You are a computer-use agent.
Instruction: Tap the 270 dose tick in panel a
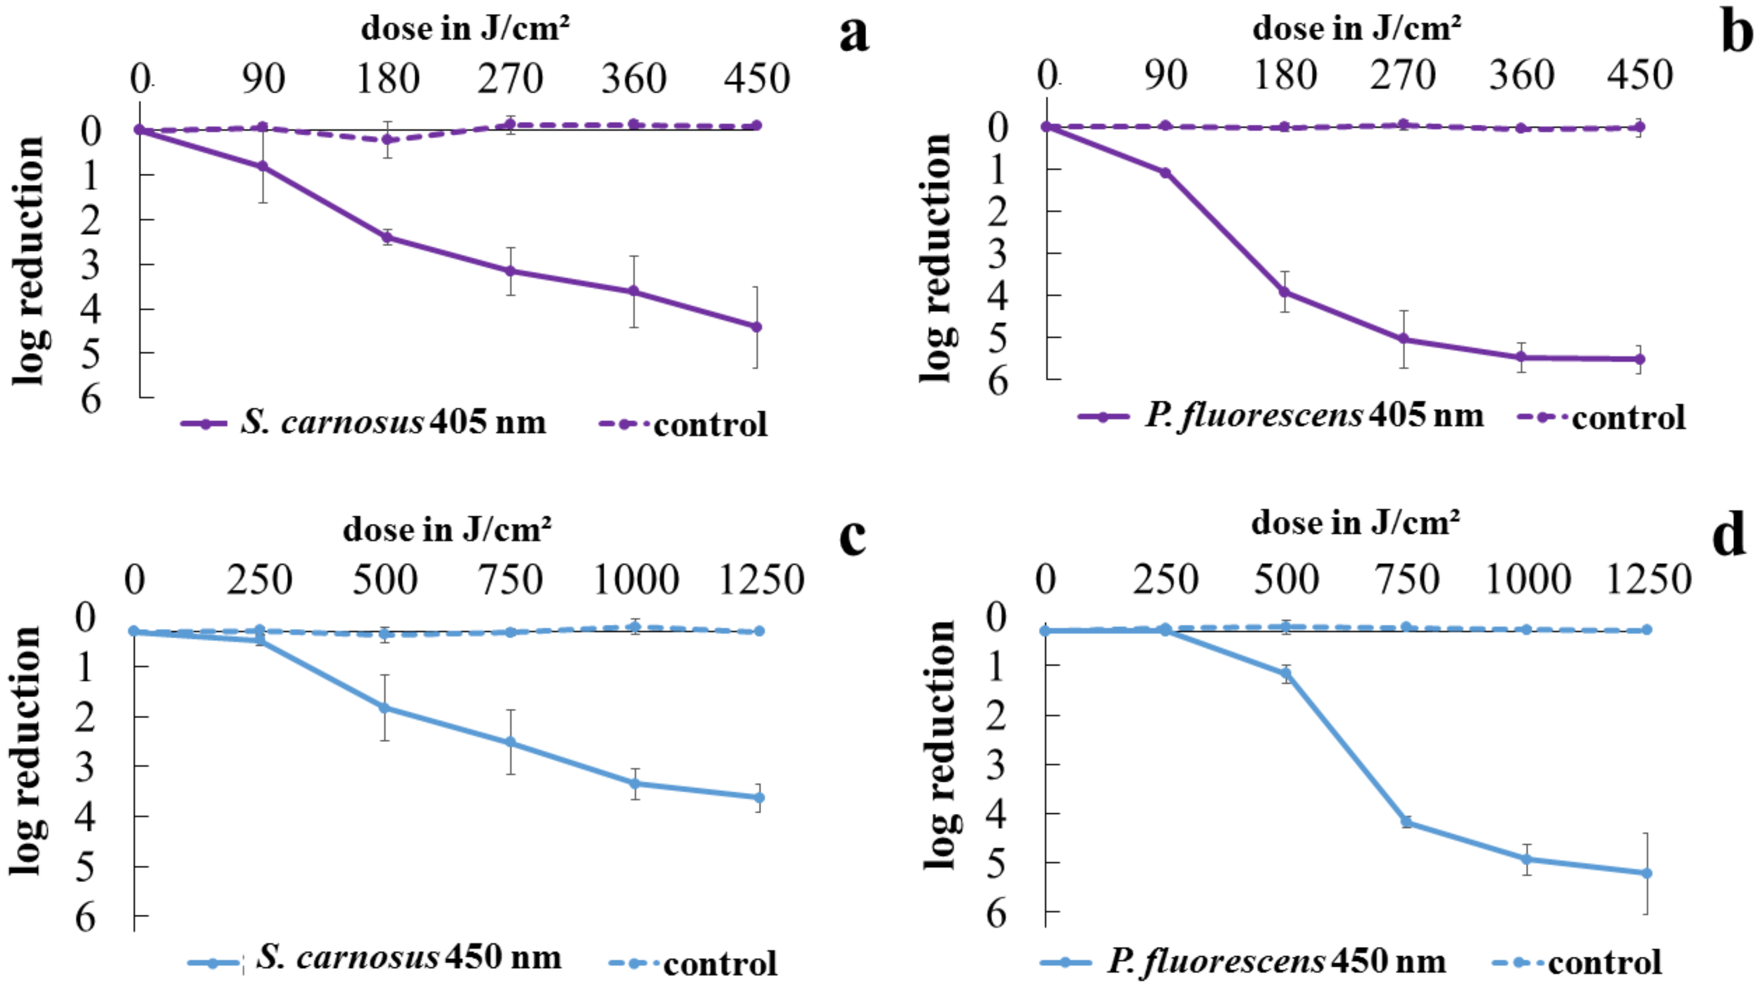click(510, 78)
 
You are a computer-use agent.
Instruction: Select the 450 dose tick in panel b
click(1639, 75)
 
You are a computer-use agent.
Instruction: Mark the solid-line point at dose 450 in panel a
click(756, 327)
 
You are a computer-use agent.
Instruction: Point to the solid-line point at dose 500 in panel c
click(385, 708)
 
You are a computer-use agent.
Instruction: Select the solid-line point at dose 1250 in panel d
click(1647, 873)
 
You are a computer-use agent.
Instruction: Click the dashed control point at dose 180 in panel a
click(387, 139)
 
